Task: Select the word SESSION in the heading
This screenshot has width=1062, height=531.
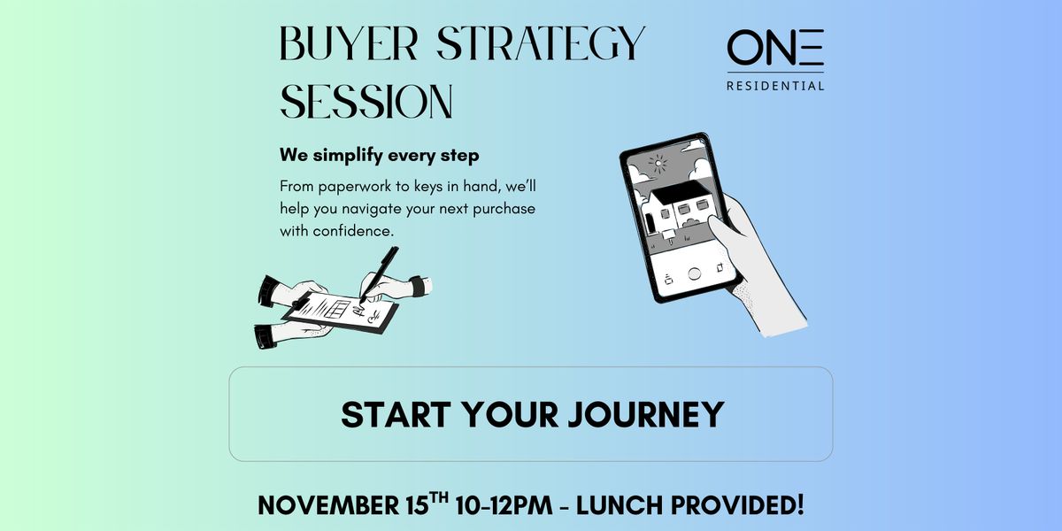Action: pos(366,101)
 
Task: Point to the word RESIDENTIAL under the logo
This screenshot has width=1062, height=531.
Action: pos(775,86)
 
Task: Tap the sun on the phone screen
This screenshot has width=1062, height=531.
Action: pos(658,162)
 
